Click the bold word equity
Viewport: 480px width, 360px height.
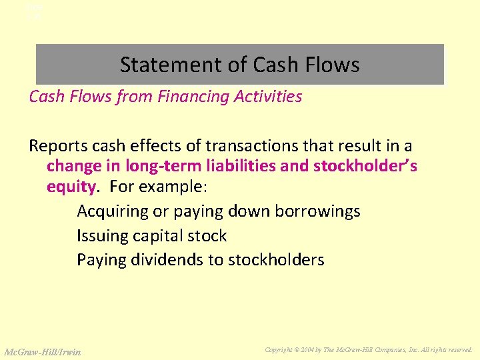coord(69,185)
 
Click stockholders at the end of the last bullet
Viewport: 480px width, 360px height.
coord(276,260)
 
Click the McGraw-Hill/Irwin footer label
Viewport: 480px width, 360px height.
coord(43,351)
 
